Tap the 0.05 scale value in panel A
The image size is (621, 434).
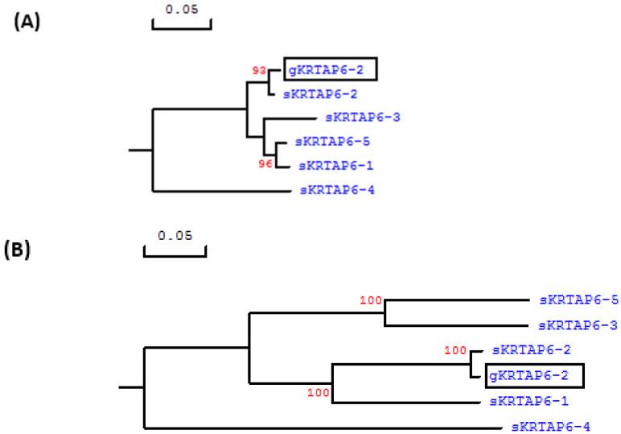click(x=181, y=10)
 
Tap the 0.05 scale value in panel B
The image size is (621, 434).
click(x=175, y=236)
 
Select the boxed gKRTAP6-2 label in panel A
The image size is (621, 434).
click(x=331, y=70)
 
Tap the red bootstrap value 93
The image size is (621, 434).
click(x=259, y=70)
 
